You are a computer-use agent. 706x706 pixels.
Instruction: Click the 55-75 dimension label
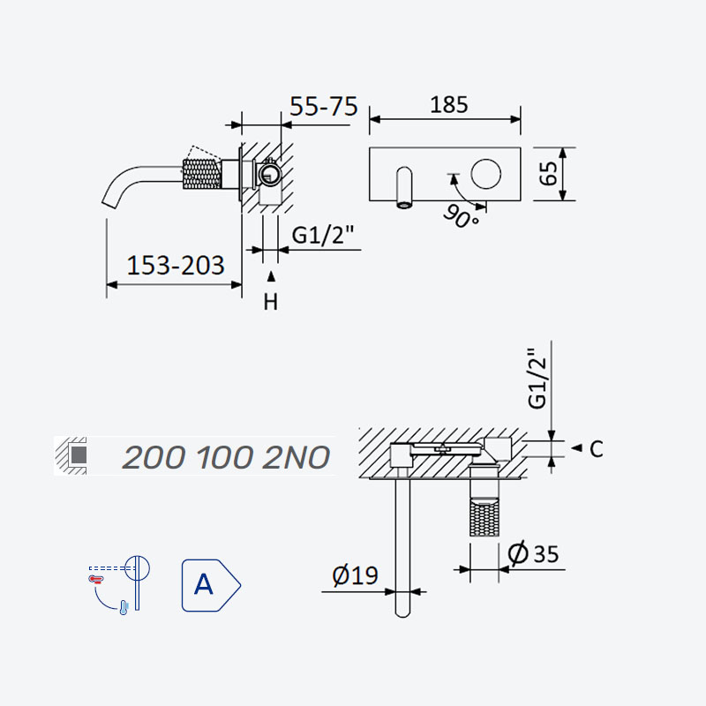323,107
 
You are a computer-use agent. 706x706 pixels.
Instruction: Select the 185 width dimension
449,105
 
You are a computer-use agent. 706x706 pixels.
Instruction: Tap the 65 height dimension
548,173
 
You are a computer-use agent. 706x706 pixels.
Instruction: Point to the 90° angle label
460,216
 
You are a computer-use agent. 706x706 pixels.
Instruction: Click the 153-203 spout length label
176,266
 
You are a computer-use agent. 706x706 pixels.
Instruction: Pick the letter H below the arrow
271,302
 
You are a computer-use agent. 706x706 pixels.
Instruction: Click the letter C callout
597,449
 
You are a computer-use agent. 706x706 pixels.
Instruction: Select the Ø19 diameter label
355,575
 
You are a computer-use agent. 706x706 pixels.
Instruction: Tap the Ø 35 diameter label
533,553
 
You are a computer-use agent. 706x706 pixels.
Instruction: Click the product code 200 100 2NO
226,457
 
